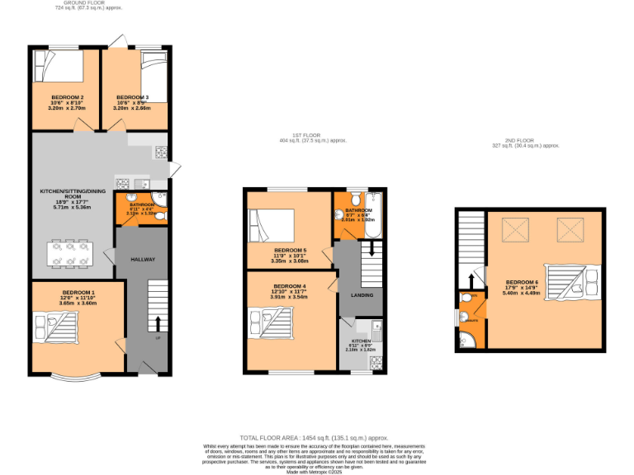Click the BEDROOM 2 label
click(67, 97)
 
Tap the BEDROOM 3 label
click(132, 97)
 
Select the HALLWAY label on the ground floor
click(142, 260)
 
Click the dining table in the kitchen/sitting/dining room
click(71, 252)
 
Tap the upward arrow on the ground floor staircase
click(158, 321)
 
